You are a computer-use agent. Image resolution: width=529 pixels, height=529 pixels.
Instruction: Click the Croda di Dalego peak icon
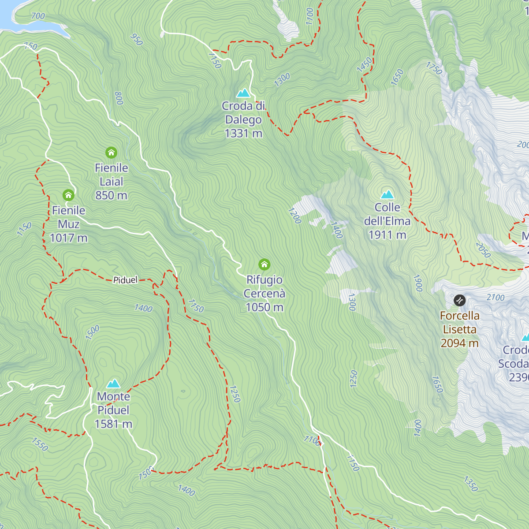pos(243,93)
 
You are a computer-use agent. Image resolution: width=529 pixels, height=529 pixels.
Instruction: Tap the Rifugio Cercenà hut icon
pos(264,264)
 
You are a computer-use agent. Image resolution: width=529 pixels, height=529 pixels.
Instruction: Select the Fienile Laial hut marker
pos(111,153)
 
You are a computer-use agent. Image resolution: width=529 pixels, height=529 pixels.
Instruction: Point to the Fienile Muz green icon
pos(68,195)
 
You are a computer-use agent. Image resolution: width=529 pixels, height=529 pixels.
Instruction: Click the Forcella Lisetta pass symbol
pos(459,301)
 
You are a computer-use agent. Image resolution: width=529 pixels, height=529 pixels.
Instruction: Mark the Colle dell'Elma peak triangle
pos(387,194)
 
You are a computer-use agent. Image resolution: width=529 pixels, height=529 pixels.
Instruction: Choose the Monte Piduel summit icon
pos(113,383)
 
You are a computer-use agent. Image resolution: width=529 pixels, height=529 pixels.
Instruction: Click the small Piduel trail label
pos(125,280)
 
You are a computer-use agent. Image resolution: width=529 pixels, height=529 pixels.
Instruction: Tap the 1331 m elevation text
pos(243,133)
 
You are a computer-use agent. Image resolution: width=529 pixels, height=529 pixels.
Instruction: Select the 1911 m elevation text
pos(387,235)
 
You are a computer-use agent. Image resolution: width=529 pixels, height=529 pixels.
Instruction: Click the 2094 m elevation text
pos(459,343)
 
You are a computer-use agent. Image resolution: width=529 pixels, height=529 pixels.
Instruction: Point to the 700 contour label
pos(38,16)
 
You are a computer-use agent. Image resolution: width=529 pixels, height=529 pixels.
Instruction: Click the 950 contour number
pos(137,39)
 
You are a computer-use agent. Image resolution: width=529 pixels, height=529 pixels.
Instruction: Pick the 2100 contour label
pos(495,298)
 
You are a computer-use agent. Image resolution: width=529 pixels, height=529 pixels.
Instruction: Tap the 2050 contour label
pos(483,250)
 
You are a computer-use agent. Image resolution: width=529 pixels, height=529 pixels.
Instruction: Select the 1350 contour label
pos(470,484)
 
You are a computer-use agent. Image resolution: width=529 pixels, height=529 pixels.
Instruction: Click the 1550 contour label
pos(40,444)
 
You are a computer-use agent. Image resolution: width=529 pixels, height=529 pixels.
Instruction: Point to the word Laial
pos(111,182)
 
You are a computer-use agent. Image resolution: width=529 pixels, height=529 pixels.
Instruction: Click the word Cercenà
pos(264,294)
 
